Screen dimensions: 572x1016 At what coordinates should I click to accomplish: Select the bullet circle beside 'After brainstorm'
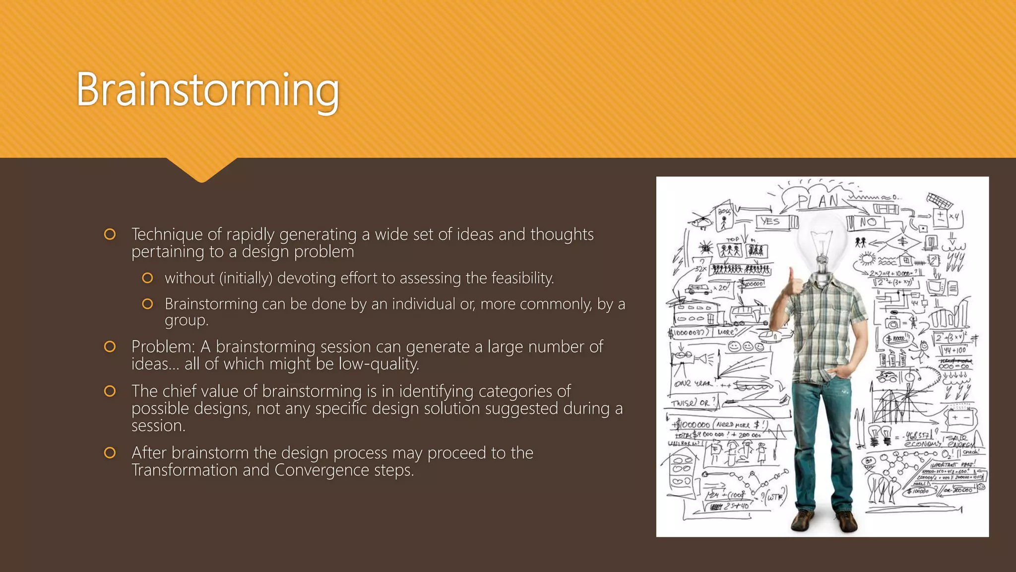coord(110,453)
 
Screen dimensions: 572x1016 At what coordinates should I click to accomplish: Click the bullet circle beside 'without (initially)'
coord(147,278)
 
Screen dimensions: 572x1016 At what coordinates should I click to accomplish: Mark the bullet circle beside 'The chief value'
coord(110,391)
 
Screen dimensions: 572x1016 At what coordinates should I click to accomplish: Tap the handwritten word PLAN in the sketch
coord(818,201)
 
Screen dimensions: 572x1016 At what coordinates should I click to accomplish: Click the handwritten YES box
coord(770,221)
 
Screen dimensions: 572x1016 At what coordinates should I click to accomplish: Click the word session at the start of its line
coord(158,426)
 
